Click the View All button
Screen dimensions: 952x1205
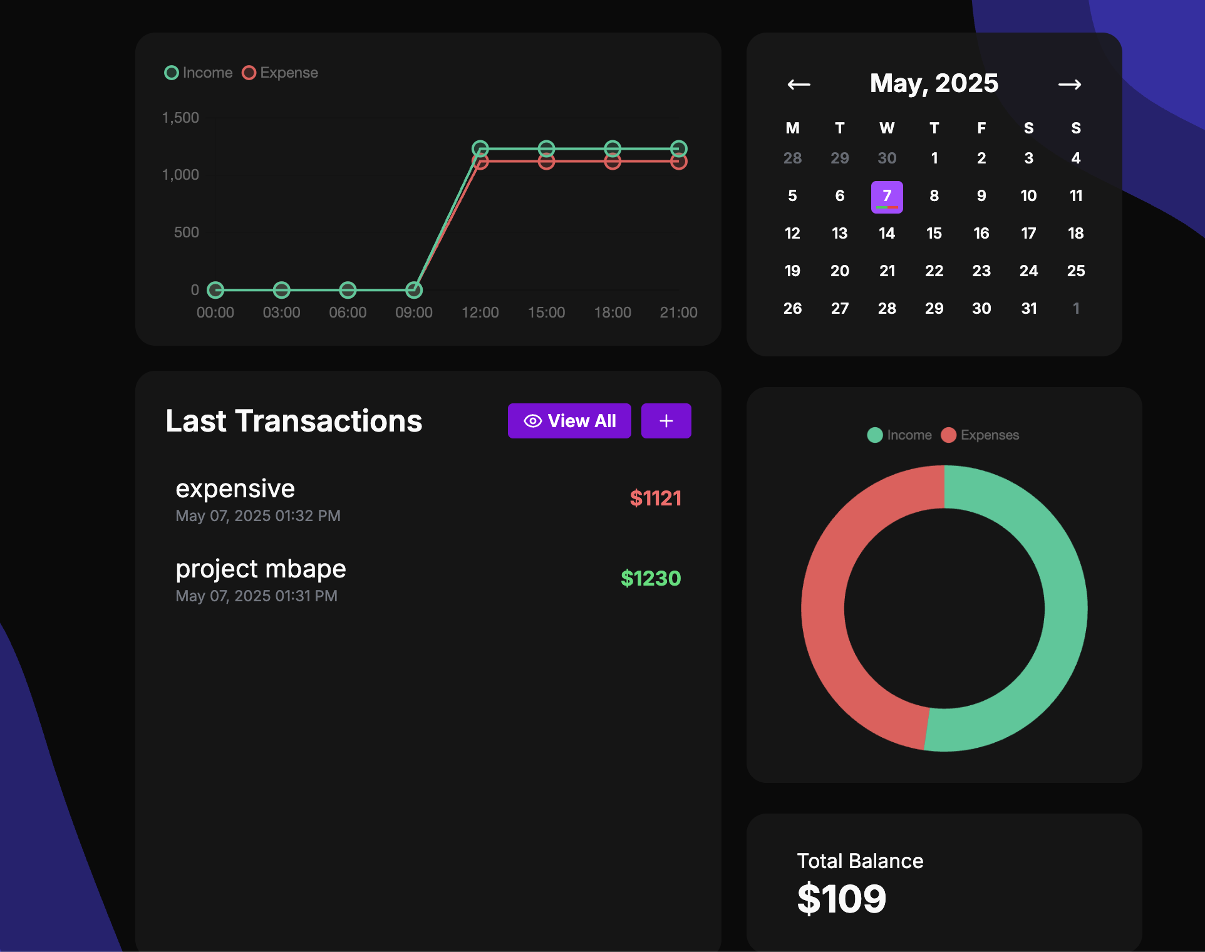tap(569, 421)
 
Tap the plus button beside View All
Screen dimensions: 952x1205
tap(666, 421)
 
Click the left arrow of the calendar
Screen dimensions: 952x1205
tap(799, 85)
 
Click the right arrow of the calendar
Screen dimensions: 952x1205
tap(1069, 85)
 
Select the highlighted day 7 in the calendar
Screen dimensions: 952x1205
tap(887, 197)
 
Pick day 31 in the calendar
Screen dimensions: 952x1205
tap(1028, 308)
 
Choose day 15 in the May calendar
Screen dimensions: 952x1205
tap(934, 234)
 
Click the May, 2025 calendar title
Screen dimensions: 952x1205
tap(934, 83)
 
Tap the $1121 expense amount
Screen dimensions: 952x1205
tap(655, 499)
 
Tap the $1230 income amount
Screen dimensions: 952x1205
tap(650, 578)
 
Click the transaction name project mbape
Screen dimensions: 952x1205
tap(261, 569)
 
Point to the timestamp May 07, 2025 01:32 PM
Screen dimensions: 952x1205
tap(258, 516)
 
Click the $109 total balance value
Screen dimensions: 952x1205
tap(841, 899)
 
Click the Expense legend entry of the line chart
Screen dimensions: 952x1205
tap(281, 73)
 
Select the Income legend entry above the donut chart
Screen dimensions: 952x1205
tap(899, 435)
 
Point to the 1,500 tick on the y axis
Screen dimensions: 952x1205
tap(180, 118)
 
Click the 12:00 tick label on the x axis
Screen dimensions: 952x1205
tap(480, 313)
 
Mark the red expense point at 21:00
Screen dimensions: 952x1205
tap(678, 162)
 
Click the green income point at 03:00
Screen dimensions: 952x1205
tap(282, 290)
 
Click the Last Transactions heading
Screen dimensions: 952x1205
tap(294, 421)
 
